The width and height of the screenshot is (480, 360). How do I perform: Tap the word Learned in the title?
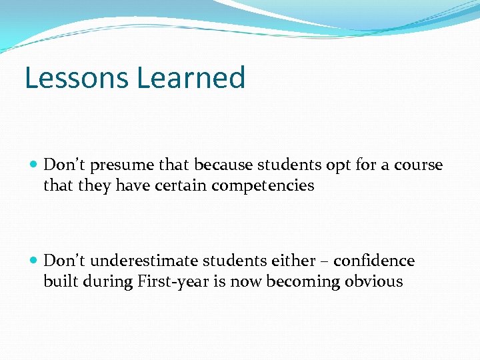coord(191,77)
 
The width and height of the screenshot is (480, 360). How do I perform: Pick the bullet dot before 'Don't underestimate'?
coord(34,261)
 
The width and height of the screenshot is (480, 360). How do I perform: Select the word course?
coord(417,165)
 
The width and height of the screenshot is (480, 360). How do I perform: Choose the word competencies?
coord(263,186)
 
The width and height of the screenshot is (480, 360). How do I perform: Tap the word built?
coord(59,281)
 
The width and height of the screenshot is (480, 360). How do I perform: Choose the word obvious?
coord(374,281)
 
